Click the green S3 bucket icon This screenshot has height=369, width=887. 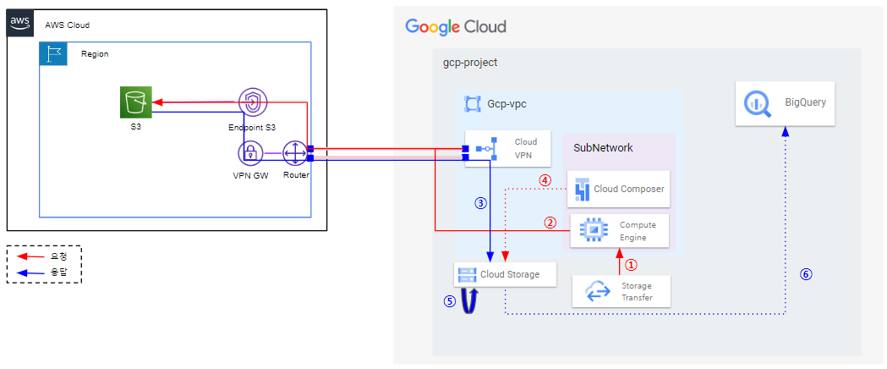click(136, 102)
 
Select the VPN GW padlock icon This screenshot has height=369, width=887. click(249, 153)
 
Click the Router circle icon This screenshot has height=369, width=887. click(295, 153)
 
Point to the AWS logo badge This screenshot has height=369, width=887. click(19, 23)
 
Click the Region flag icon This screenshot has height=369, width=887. click(52, 54)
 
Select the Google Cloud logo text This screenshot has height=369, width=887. click(456, 26)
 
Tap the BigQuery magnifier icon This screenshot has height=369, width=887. click(756, 103)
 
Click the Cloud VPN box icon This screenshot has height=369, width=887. click(486, 149)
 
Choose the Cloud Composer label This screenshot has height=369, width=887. click(629, 189)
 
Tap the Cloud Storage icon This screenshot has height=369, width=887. click(467, 275)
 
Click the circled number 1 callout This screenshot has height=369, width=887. click(631, 264)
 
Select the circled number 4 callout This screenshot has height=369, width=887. click(544, 180)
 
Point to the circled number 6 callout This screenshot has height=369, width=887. click(806, 274)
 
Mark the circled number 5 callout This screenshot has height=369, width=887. click(449, 301)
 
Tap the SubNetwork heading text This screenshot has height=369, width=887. click(603, 148)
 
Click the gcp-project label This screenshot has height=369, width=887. click(470, 63)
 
